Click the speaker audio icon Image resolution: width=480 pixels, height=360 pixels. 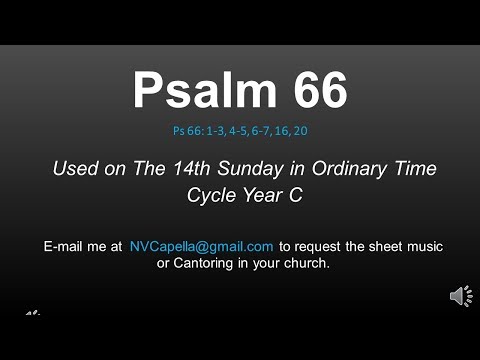461,296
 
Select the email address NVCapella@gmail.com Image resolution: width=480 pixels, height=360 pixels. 201,246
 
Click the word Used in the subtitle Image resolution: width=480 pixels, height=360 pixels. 75,168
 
